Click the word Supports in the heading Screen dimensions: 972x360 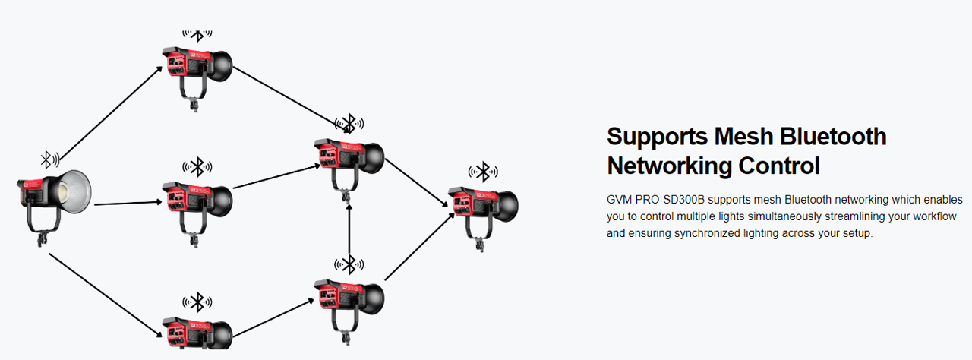[x=657, y=137]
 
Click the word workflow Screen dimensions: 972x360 [x=939, y=216]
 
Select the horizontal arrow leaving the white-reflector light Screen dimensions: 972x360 [x=126, y=203]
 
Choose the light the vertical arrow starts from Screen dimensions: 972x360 [x=349, y=300]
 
